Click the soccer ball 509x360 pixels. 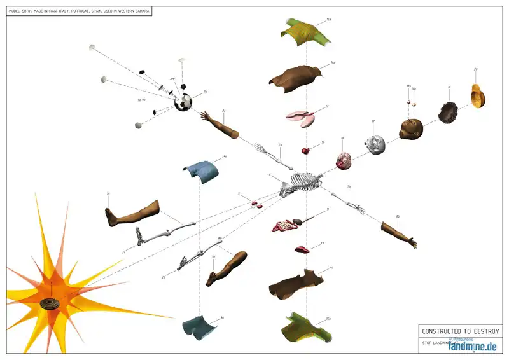183,102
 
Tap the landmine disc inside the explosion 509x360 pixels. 50,303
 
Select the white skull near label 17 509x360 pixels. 376,144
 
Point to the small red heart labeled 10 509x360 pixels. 306,151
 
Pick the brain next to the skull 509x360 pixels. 344,161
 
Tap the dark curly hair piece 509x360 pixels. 450,112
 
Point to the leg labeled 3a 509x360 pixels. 132,212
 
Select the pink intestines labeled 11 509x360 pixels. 288,225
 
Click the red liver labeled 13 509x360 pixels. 303,249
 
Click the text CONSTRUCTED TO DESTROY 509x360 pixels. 461,331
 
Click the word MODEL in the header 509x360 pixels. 16,11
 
